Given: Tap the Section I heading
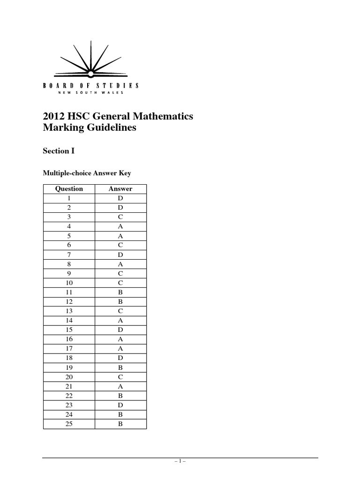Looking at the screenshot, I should [x=59, y=151].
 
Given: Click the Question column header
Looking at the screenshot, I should [x=69, y=189].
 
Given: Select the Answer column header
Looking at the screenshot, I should [x=120, y=189].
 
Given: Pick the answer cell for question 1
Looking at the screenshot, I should [x=120, y=198].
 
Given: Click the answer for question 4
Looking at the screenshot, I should [x=120, y=226].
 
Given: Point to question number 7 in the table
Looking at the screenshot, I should [x=69, y=255].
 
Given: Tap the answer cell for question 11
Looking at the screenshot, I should [x=120, y=292].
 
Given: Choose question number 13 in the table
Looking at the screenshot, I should [x=69, y=311].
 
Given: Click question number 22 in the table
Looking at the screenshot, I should [x=69, y=396].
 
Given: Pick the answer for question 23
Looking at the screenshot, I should [x=120, y=405].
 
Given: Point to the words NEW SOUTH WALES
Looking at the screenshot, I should [x=90, y=93].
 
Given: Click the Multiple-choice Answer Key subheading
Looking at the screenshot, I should [x=87, y=173].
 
